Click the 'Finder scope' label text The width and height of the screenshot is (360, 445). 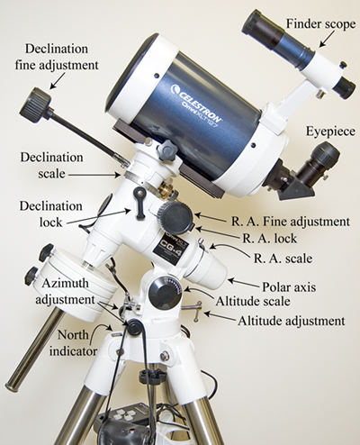coord(320,23)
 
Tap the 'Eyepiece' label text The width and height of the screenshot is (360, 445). coord(330,132)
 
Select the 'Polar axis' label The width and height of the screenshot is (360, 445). coord(289,287)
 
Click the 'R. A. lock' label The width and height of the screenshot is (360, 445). coord(269,239)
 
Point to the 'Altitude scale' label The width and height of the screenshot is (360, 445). coord(253,301)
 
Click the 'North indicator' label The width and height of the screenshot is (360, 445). coord(73,343)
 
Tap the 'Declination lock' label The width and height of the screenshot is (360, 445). coord(51,214)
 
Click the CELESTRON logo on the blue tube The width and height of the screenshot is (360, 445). coord(196,102)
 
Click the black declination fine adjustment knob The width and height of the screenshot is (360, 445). coord(35,103)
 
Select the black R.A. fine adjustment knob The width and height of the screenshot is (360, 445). coord(175,217)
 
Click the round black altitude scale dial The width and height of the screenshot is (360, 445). coord(164,292)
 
